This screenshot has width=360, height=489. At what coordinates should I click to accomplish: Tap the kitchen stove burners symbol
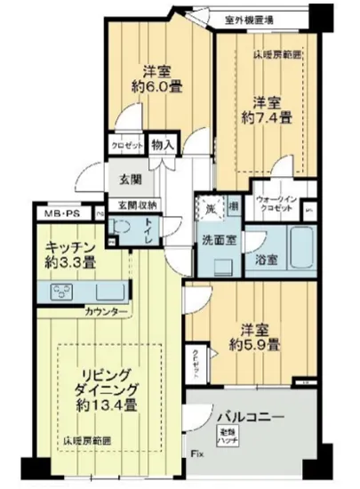click(67, 290)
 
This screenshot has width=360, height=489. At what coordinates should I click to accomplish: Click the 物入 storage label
click(163, 144)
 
